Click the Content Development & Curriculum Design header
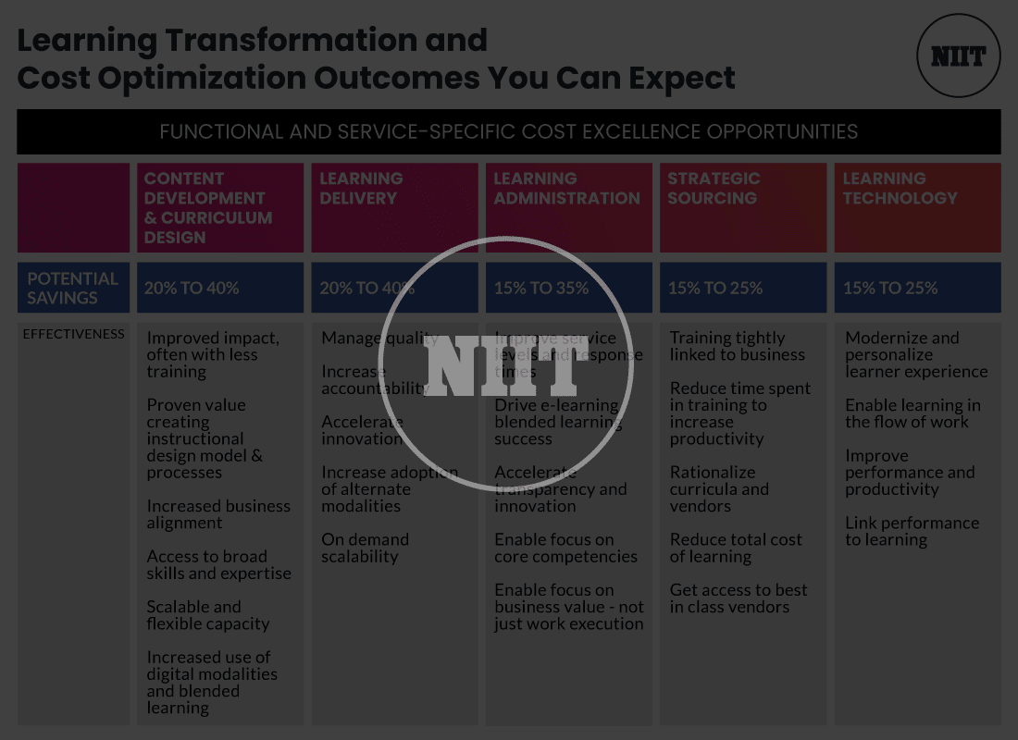[220, 208]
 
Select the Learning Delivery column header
[394, 208]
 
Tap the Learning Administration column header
[568, 208]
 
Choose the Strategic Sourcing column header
[742, 208]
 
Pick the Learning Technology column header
[917, 208]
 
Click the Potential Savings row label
[73, 288]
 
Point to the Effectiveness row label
[73, 334]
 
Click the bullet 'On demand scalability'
[365, 548]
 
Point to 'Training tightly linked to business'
[737, 346]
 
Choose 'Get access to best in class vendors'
[738, 598]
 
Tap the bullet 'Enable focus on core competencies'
[565, 548]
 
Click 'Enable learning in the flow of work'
[912, 413]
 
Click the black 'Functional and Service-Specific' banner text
[508, 131]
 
